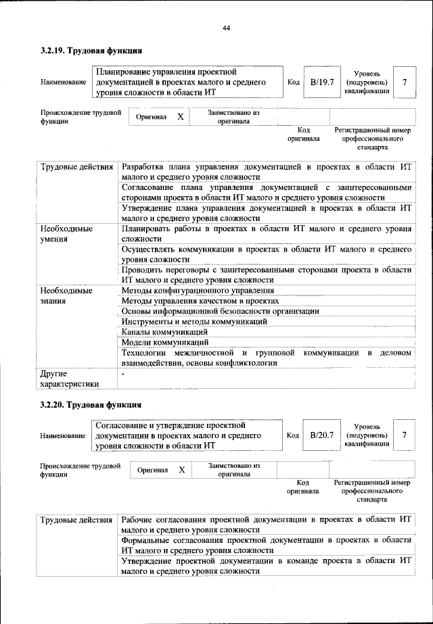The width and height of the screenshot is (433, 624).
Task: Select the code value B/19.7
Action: [322, 82]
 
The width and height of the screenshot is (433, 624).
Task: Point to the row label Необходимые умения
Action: [66, 234]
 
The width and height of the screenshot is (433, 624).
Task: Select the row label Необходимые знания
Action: [66, 295]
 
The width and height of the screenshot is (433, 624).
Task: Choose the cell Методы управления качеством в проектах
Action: [200, 300]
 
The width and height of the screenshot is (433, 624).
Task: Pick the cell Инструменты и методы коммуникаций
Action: [193, 321]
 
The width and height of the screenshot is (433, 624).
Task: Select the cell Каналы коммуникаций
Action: [164, 332]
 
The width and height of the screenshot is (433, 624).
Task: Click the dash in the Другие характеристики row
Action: [123, 373]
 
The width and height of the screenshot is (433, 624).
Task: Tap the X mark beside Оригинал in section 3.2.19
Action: [181, 116]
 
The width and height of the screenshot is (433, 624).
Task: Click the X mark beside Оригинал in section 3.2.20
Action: [181, 469]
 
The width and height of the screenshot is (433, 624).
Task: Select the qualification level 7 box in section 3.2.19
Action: [405, 82]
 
